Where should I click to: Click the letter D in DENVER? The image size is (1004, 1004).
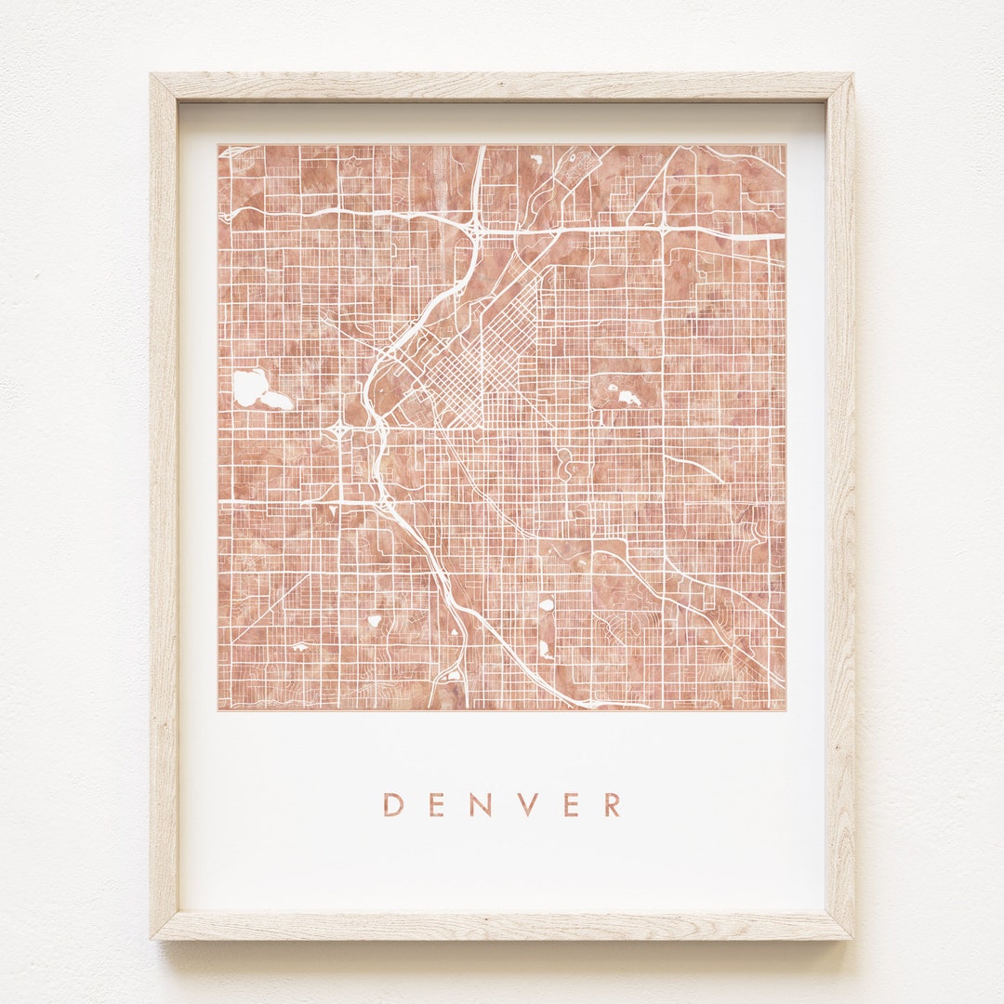click(392, 804)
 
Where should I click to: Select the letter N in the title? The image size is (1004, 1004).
click(481, 804)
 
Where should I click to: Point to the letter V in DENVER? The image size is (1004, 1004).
click(527, 804)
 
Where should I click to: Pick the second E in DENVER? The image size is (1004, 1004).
click(571, 804)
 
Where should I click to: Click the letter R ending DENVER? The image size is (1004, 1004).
click(612, 804)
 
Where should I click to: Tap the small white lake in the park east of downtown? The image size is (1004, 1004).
click(627, 397)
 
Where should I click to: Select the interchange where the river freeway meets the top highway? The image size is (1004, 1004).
click(476, 226)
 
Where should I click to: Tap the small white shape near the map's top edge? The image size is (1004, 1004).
click(537, 159)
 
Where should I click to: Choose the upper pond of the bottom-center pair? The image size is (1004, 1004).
click(547, 604)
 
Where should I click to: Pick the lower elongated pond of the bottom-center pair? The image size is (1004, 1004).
click(545, 647)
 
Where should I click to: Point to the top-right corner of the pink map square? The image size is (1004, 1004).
click(785, 145)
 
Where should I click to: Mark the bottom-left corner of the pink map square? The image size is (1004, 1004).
click(219, 709)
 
